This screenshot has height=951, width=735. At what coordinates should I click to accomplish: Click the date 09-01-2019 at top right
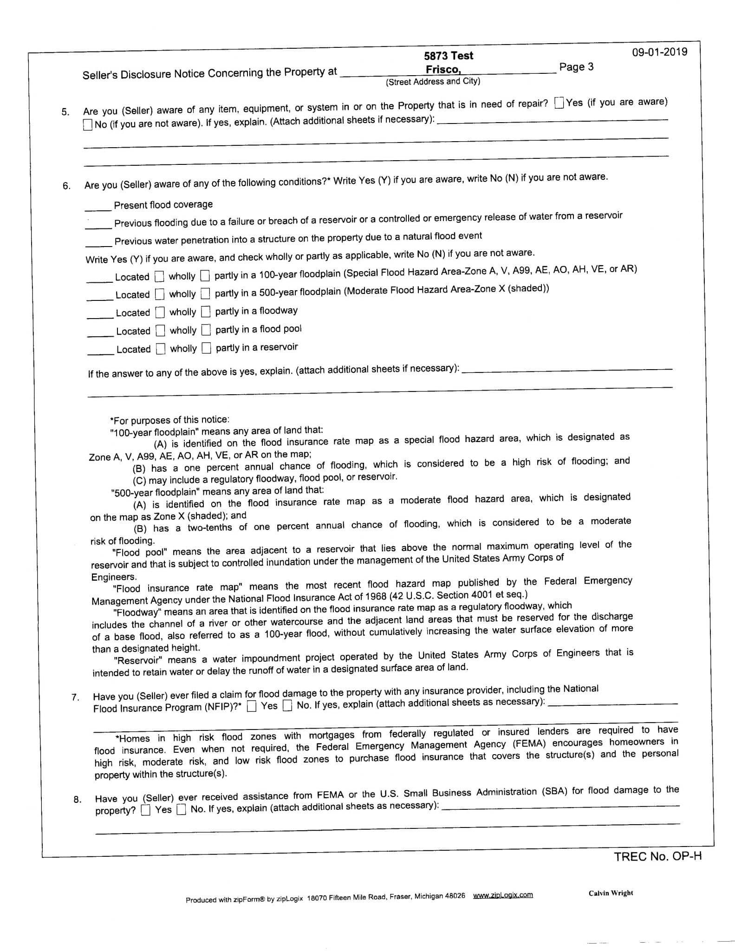pos(659,52)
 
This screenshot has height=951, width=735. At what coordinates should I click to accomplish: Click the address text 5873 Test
pos(448,56)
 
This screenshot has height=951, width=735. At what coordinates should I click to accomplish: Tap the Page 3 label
pos(576,67)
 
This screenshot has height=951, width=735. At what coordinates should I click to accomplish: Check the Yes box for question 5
pos(560,103)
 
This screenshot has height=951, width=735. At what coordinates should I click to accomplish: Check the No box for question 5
pos(88,124)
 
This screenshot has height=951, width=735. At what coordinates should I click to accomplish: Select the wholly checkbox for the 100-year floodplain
pos(160,276)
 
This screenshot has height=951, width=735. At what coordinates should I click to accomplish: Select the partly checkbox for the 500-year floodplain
pos(206,294)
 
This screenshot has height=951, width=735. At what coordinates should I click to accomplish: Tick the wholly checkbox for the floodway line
pos(160,312)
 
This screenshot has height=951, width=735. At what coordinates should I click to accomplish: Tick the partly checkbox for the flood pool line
pos(207,330)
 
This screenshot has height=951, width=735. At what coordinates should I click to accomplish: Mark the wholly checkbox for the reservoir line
pos(161,348)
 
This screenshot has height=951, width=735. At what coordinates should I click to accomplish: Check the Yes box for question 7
pos(252,707)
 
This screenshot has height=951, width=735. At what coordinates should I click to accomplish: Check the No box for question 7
pos(288,706)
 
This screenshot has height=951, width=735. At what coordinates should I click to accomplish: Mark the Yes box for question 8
pos(146,810)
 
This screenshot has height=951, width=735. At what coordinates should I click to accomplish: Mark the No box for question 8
pos(182,810)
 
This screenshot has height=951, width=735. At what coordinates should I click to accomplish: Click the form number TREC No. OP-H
pos(657,857)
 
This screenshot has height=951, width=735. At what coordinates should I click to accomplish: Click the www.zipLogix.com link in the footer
pos(502,895)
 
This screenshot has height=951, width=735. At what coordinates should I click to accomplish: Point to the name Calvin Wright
pos(611,893)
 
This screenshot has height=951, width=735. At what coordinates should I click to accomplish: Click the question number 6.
pos(66,186)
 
